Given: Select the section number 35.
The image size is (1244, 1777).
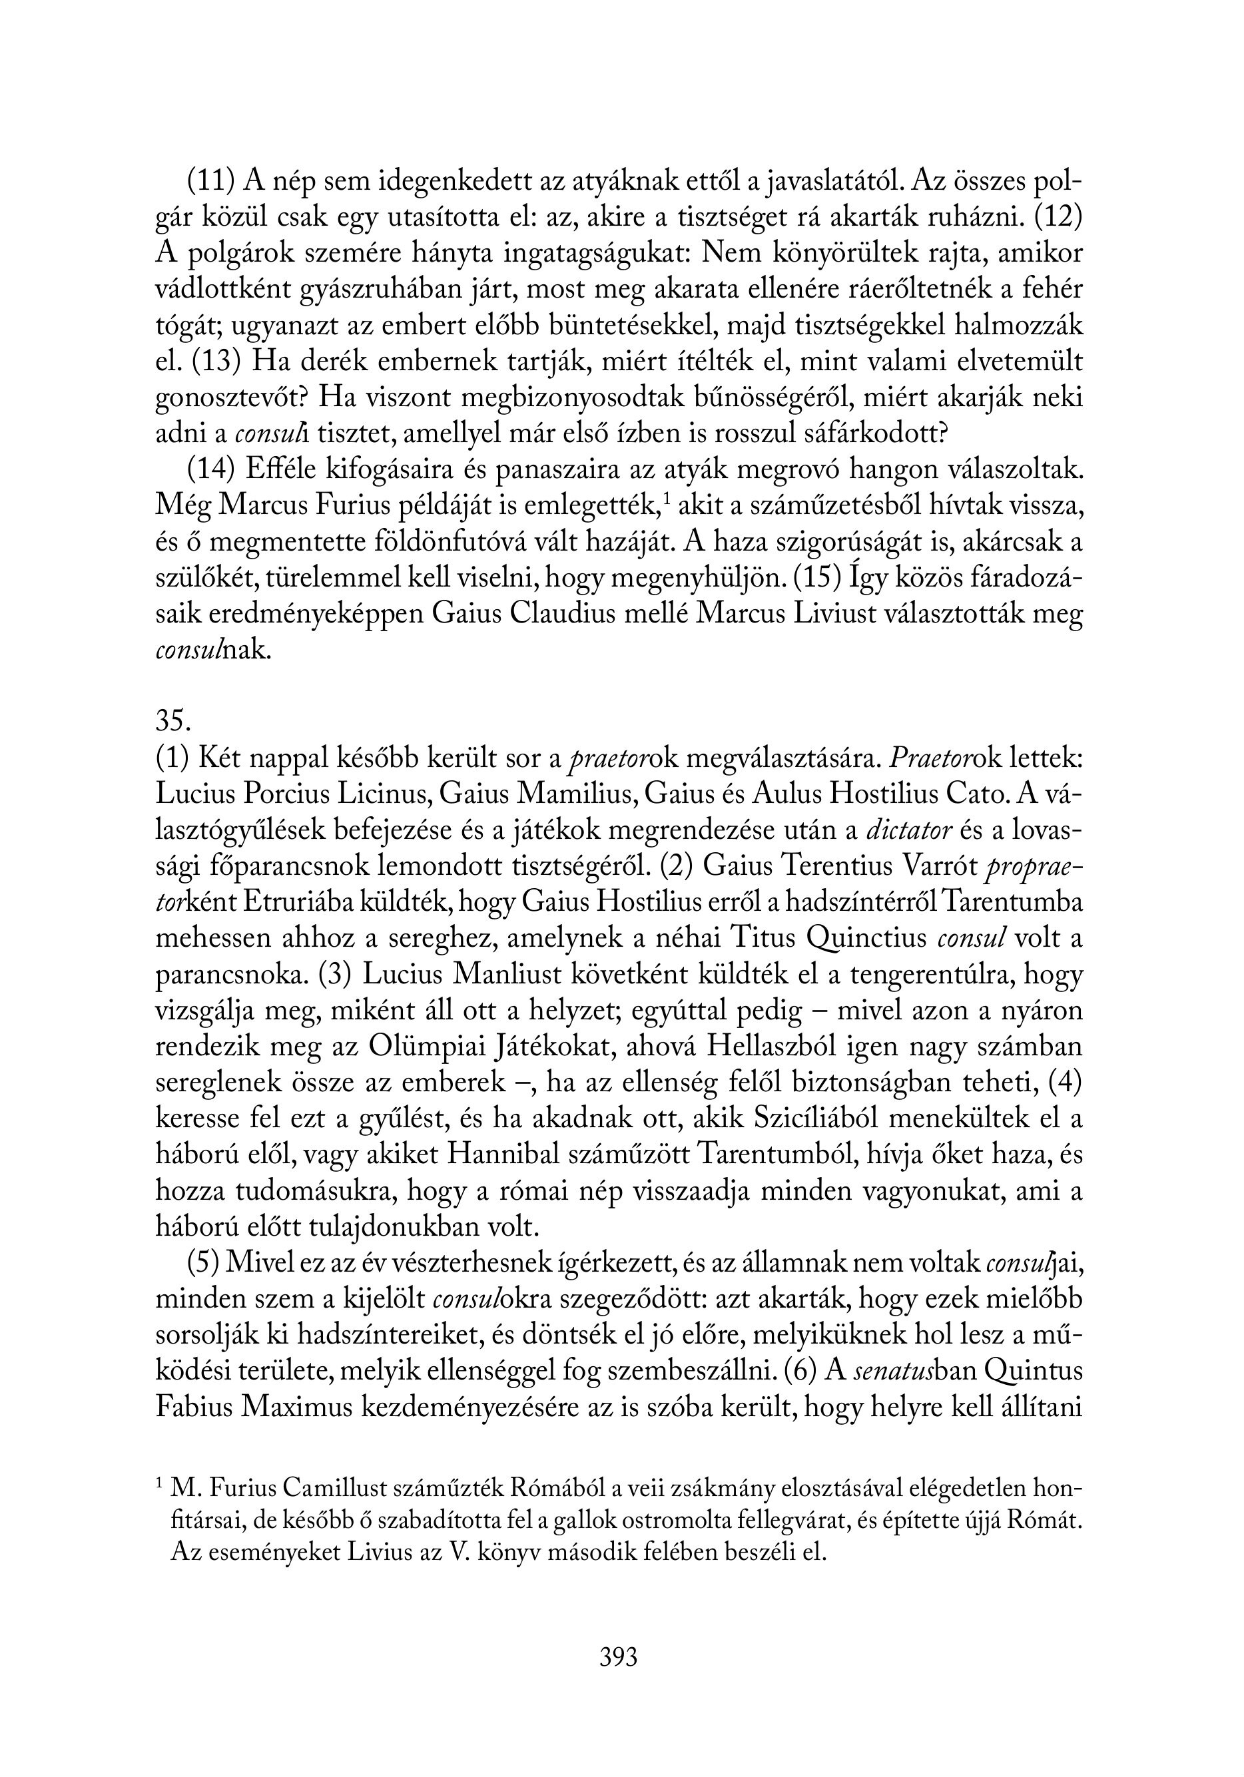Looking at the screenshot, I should coord(172,720).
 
